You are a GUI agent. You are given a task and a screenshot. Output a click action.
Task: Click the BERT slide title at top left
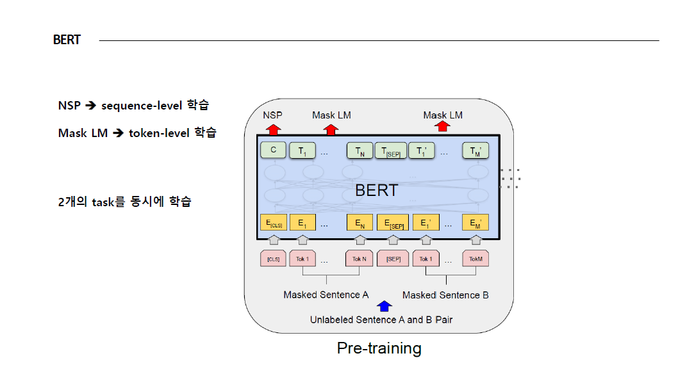pyautogui.click(x=67, y=40)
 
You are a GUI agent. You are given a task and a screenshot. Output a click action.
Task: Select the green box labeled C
pyautogui.click(x=273, y=151)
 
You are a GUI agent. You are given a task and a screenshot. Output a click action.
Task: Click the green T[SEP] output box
pyautogui.click(x=390, y=151)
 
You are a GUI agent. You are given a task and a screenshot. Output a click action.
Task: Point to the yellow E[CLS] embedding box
pyautogui.click(x=273, y=223)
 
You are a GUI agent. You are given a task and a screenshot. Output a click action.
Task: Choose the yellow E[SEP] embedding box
pyautogui.click(x=393, y=223)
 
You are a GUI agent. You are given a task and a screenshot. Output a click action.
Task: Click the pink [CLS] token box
pyautogui.click(x=273, y=259)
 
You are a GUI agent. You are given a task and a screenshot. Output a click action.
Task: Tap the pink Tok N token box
pyautogui.click(x=359, y=259)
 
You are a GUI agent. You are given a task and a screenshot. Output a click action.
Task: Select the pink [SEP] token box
pyautogui.click(x=393, y=259)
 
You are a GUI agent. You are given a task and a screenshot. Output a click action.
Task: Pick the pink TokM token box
pyautogui.click(x=475, y=259)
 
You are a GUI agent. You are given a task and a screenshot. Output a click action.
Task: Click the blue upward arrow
pyautogui.click(x=384, y=306)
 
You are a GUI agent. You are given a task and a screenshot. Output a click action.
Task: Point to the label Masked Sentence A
pyautogui.click(x=326, y=295)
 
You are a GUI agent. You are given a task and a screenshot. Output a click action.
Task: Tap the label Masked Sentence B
pyautogui.click(x=445, y=295)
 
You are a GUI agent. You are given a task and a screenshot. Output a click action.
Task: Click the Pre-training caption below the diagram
pyautogui.click(x=379, y=348)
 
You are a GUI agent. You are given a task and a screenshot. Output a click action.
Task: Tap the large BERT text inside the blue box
pyautogui.click(x=376, y=190)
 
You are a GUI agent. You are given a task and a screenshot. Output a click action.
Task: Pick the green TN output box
pyautogui.click(x=359, y=151)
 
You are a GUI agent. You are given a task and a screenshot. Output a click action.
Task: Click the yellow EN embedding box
pyautogui.click(x=359, y=223)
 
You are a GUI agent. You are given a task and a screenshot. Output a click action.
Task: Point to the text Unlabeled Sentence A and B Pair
pyautogui.click(x=381, y=320)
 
